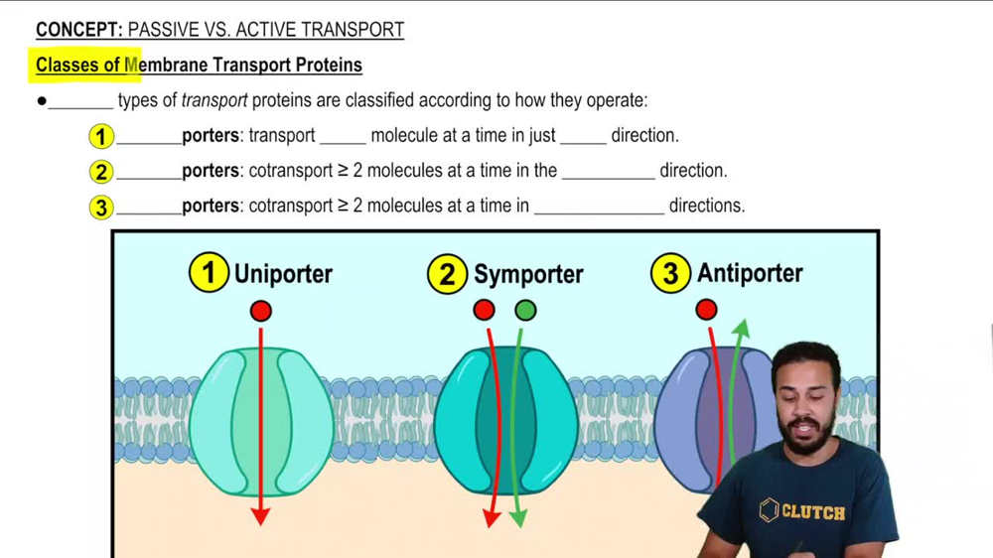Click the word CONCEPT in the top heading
(x=77, y=30)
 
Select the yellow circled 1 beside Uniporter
(x=209, y=274)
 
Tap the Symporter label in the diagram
(x=528, y=274)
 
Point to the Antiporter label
(x=750, y=273)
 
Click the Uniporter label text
(x=283, y=274)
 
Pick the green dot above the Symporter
(x=525, y=311)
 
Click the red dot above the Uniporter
(x=260, y=311)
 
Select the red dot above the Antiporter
(x=706, y=310)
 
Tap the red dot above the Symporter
(x=484, y=311)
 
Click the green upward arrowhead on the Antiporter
(x=741, y=329)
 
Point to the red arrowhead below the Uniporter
(x=260, y=515)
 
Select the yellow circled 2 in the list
(x=101, y=171)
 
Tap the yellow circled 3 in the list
(x=101, y=207)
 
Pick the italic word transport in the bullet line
(x=213, y=100)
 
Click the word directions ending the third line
(x=706, y=206)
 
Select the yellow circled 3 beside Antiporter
(x=671, y=274)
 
